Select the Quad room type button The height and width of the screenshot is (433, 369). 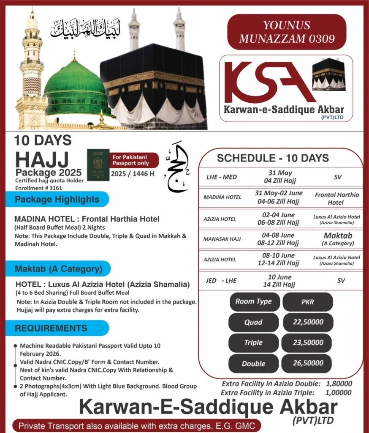coord(253,322)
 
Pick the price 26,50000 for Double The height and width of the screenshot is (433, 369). coord(308,363)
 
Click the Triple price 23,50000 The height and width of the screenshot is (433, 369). coord(308,343)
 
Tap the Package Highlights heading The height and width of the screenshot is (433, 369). coord(57,199)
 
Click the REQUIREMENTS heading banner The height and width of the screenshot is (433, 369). coord(51,328)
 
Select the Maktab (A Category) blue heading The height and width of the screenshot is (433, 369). coord(59,269)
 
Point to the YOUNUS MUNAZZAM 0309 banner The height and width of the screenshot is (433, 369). coord(287,32)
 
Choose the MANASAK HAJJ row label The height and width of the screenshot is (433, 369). coord(222,239)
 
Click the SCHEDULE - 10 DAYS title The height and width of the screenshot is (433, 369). coord(273,158)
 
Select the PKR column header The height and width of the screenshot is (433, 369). coord(308,302)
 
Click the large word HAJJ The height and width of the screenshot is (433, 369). coord(42,160)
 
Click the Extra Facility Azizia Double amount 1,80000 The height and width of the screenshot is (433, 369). coord(339,384)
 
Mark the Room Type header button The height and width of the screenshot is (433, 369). coord(253,301)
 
